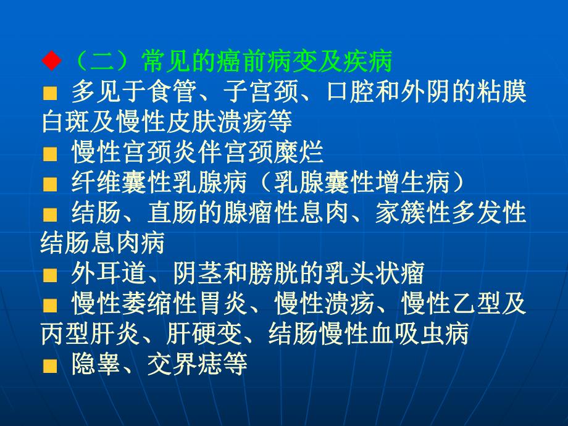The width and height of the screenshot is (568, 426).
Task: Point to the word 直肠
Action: coord(170,212)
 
